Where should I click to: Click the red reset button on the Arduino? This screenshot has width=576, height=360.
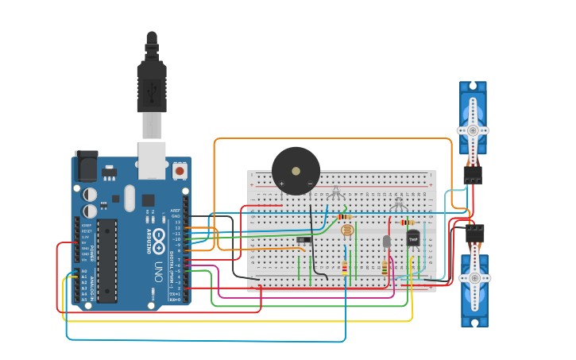180,170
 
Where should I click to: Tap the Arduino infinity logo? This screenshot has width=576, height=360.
159,236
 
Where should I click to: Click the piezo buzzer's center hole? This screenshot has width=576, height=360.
296,170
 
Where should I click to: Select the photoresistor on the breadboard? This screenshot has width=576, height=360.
347,230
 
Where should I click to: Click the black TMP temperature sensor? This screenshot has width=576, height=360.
413,237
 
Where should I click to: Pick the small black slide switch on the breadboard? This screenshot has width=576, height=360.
303,238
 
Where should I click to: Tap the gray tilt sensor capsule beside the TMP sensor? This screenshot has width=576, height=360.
387,241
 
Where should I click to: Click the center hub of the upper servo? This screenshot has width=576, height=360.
473,130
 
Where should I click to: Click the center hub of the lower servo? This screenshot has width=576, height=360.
475,278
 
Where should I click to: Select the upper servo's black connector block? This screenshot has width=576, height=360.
473,175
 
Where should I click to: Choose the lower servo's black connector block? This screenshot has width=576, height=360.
475,233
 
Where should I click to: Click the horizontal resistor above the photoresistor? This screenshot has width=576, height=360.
345,216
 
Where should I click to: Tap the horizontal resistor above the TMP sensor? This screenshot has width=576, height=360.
407,223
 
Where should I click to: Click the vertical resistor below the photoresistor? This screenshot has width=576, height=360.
344,268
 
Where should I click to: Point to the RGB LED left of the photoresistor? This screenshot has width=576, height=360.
335,192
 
